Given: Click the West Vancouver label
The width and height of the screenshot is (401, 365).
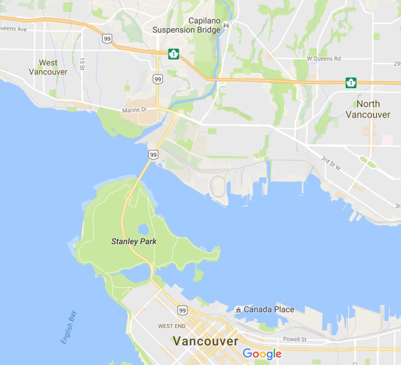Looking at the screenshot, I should coord(48,67).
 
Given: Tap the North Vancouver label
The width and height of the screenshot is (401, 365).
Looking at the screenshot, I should coord(368,109).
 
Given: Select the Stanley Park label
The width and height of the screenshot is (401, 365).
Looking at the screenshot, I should coord(134,242).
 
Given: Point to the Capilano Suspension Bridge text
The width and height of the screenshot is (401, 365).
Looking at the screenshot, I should coord(186,25).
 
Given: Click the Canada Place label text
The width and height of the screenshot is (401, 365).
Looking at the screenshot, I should coord(269,309).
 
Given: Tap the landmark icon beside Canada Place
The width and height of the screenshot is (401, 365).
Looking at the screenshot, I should coord(239,309).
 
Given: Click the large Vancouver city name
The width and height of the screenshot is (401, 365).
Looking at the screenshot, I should coord(206,341).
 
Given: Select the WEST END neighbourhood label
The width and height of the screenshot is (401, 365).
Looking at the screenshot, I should coord(172,326).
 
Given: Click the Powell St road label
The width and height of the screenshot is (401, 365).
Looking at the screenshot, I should coord(294,339).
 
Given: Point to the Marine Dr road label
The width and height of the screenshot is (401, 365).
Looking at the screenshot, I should coord(133,110).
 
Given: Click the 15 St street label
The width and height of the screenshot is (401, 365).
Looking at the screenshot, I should coord(82,63).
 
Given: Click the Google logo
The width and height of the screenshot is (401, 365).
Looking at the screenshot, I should coord(262,354).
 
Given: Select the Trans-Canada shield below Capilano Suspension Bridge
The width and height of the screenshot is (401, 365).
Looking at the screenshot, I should coord(173,53).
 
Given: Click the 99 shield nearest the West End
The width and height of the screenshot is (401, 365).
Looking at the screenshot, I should coord(182,311).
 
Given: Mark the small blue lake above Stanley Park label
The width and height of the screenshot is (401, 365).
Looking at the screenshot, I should coord(143,229).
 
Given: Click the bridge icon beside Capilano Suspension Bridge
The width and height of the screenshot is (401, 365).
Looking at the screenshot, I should coord(227,25).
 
